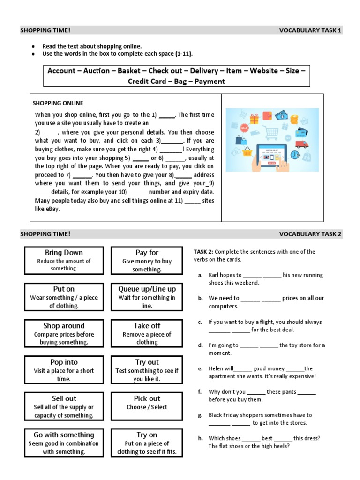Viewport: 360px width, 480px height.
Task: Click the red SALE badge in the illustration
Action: [x=244, y=128]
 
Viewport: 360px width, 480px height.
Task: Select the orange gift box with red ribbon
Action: [x=255, y=119]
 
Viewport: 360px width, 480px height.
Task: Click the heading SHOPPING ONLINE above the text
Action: [x=58, y=103]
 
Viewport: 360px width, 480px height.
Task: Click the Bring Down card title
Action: [x=64, y=252]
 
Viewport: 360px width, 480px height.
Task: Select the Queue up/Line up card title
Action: [x=147, y=289]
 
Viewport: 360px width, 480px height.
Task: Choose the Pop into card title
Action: [x=64, y=362]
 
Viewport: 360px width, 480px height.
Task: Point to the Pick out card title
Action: [x=147, y=398]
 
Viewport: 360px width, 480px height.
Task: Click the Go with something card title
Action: [x=64, y=435]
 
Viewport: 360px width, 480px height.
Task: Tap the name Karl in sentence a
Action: [x=215, y=275]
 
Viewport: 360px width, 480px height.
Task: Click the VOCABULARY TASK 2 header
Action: [x=311, y=234]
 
